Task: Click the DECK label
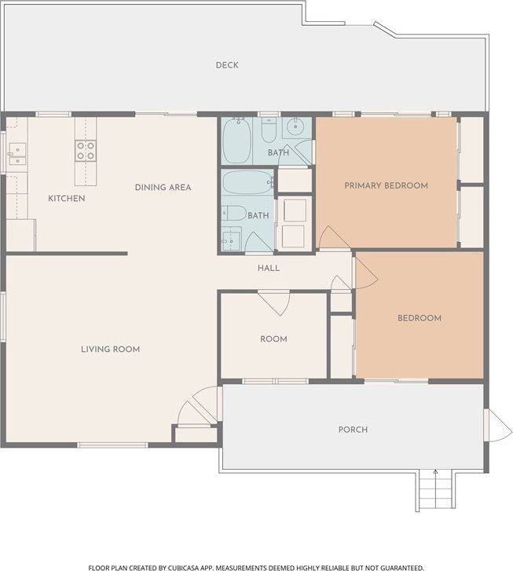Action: pos(227,65)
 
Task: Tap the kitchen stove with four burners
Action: pos(86,151)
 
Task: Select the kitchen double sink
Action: pos(17,155)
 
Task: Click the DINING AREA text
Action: pos(163,188)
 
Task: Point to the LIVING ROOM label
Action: pos(111,350)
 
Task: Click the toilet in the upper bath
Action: pos(269,130)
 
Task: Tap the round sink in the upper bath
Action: pos(295,127)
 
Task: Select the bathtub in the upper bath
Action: pos(236,141)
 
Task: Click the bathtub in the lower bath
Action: pos(247,182)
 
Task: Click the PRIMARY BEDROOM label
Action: pos(387,185)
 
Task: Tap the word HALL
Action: pos(269,268)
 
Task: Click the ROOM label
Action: pos(273,339)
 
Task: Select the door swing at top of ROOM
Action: pos(274,302)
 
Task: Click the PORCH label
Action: pos(353,430)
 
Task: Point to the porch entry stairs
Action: pos(435,490)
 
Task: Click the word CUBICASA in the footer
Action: pos(182,567)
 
